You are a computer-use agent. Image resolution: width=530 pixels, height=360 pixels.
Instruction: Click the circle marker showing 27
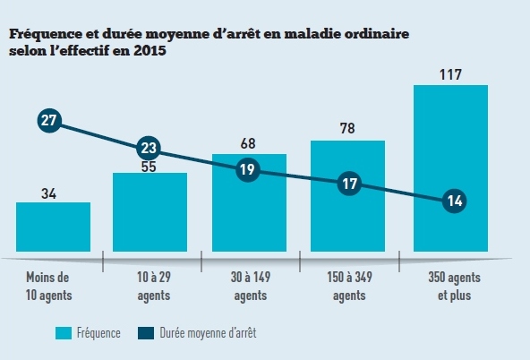pos(50,121)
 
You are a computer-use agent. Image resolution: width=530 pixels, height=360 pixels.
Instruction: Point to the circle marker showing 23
pos(150,149)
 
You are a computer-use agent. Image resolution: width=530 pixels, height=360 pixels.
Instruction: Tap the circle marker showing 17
pos(347,184)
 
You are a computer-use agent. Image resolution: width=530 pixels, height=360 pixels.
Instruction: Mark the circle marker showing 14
pos(454,201)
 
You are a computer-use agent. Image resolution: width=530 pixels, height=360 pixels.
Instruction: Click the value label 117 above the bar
pos(450,73)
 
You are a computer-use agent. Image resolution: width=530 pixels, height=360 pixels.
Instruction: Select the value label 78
pos(347,129)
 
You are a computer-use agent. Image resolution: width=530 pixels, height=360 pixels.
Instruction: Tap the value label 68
pos(249,142)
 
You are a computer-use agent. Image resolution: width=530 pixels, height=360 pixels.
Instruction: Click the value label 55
pos(150,166)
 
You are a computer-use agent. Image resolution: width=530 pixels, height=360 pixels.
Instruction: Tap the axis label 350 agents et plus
pos(450,287)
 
